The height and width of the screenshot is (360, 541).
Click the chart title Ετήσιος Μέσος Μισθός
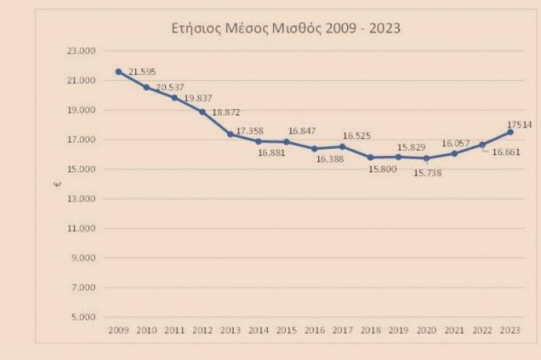283,30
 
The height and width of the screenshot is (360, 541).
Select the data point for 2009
118,71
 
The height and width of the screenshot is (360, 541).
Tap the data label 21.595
142,72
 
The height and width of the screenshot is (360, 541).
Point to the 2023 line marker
510,132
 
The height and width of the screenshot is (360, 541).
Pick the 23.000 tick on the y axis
82,51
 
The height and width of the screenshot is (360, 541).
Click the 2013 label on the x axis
230,330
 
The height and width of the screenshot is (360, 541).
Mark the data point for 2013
230,134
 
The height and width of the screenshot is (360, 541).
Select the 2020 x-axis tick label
426,330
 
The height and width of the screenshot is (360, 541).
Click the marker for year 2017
342,146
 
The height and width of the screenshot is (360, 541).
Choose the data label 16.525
357,135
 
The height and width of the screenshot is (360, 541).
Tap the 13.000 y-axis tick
82,199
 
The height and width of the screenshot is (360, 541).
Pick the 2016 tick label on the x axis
314,330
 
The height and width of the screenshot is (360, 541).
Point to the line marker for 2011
174,97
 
